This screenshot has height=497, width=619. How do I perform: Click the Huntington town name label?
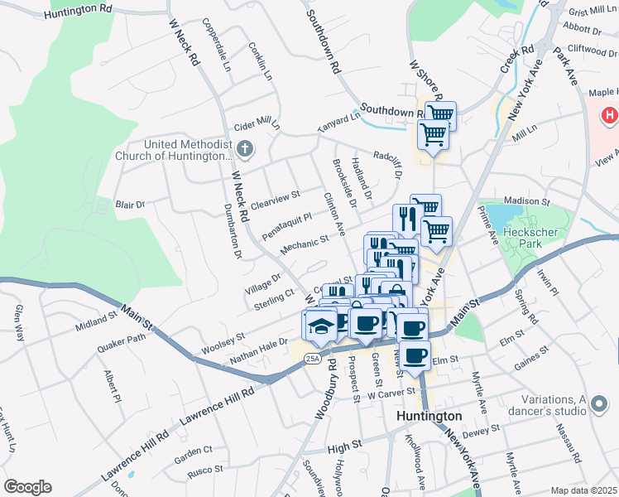point(429,416)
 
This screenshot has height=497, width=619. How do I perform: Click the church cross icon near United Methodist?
point(244,149)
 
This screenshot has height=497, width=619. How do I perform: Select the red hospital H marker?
point(610,114)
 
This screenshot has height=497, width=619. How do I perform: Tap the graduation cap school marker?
point(321,326)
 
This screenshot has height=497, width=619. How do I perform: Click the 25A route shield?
point(311,358)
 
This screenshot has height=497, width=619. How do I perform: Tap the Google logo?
point(27,487)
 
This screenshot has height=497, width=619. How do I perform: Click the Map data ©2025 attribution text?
point(583,490)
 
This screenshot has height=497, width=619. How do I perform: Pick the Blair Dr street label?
point(130,204)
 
